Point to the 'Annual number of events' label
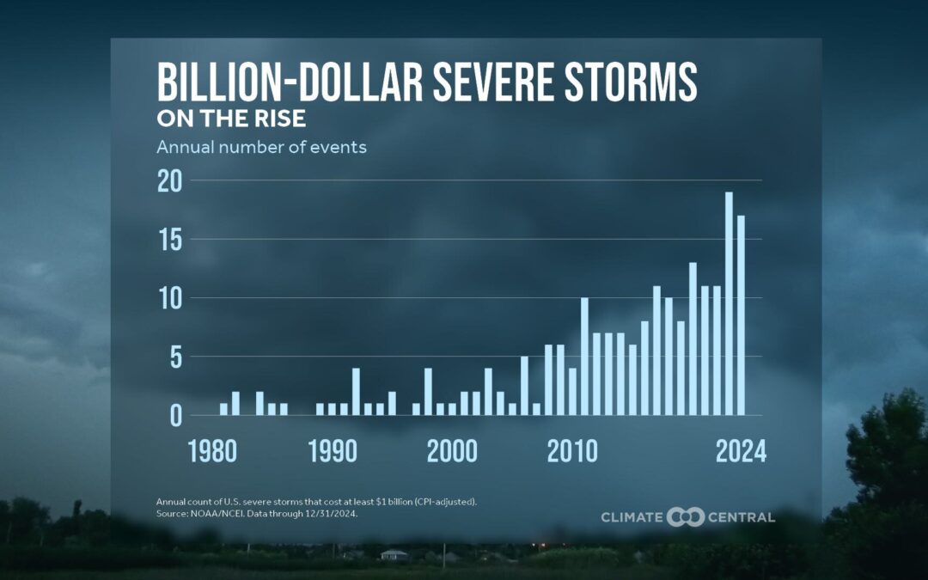coord(261,147)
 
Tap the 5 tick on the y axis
coord(174,357)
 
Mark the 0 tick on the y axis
coord(174,416)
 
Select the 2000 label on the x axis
coord(452,452)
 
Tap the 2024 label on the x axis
coord(741,452)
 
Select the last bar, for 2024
coord(741,315)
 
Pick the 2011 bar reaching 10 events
coord(584,357)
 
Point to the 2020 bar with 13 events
coord(693,339)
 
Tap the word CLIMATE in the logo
coord(632,517)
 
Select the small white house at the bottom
coord(394,555)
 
